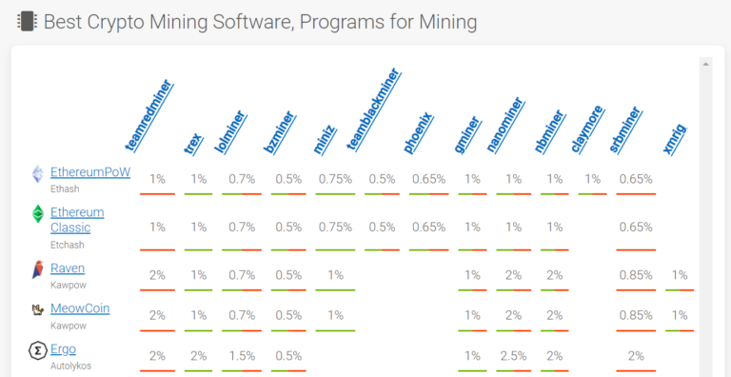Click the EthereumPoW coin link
click(x=89, y=172)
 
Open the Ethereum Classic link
click(x=77, y=220)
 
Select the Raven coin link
click(x=68, y=268)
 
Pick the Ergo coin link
click(x=63, y=348)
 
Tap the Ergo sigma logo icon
click(x=37, y=350)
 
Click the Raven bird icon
click(x=37, y=269)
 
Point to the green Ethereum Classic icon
click(x=38, y=214)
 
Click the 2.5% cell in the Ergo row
click(x=514, y=355)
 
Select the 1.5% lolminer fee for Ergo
click(x=242, y=355)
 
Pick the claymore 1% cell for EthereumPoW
click(x=592, y=179)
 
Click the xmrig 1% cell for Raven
click(x=679, y=275)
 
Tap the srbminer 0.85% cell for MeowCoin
click(x=635, y=315)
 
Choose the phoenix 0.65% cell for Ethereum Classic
click(x=429, y=228)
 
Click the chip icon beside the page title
click(x=27, y=20)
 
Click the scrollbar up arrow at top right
click(x=705, y=64)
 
